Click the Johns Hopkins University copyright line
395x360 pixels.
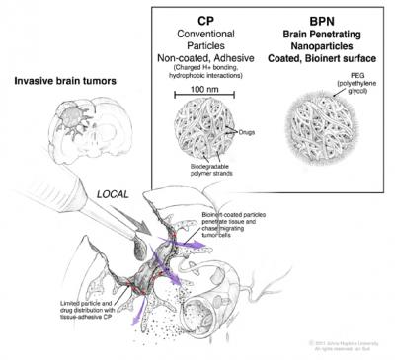coord(341,339)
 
